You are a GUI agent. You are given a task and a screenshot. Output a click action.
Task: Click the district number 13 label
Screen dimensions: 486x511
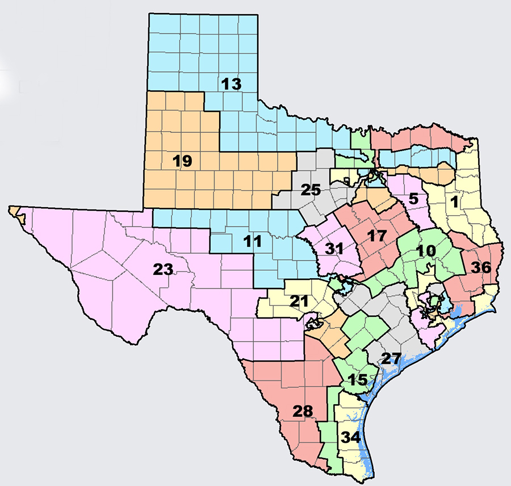(232, 84)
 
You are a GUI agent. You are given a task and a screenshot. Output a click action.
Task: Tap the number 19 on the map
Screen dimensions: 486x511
(183, 161)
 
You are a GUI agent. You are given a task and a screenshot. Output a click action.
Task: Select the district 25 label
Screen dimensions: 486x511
(311, 190)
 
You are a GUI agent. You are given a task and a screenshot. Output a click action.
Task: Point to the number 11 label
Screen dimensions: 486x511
(252, 242)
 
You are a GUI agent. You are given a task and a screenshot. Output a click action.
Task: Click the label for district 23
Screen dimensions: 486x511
(162, 270)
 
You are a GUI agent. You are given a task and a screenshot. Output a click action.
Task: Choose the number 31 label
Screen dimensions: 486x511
(335, 249)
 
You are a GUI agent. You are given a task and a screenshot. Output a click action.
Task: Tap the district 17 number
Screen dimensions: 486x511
(376, 236)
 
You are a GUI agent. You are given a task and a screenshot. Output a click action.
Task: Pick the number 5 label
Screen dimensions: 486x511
(413, 199)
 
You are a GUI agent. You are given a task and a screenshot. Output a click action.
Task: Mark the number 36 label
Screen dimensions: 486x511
(481, 267)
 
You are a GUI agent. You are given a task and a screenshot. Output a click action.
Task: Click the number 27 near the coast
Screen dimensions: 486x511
(391, 358)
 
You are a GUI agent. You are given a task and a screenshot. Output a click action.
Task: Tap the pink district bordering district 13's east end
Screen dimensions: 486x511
(409, 134)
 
